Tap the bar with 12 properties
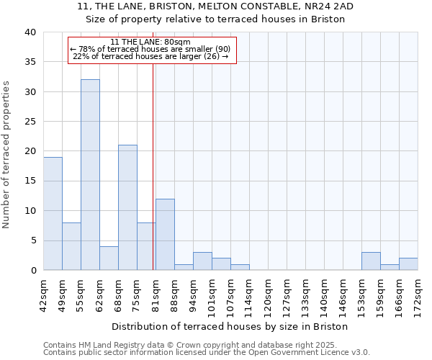(x=165, y=234)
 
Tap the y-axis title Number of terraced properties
(x=6, y=154)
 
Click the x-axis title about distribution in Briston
(x=230, y=326)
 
